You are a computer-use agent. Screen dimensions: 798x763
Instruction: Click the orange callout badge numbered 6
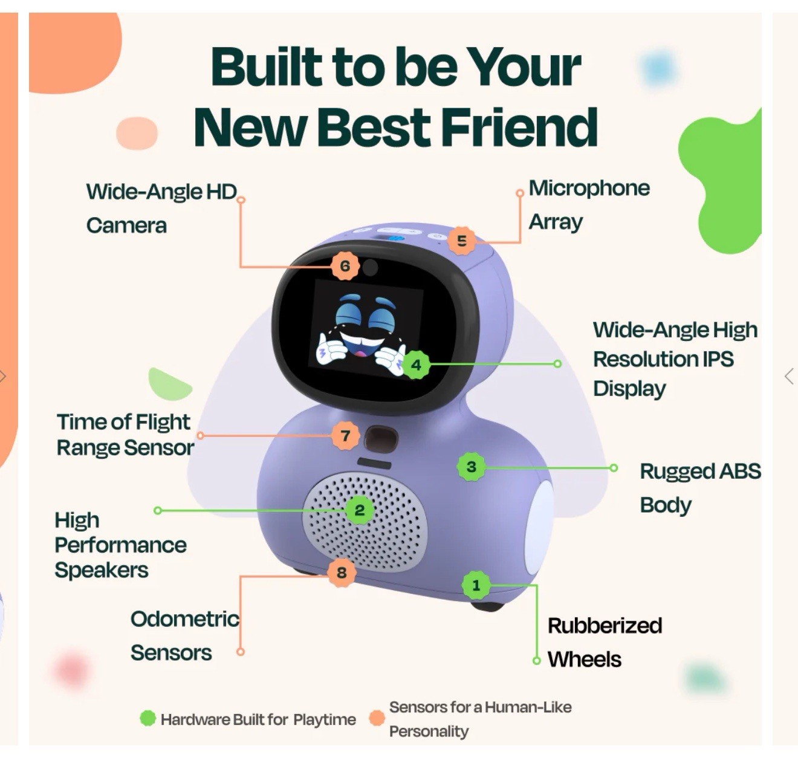pyautogui.click(x=345, y=266)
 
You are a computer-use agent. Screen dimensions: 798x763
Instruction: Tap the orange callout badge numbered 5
pyautogui.click(x=462, y=241)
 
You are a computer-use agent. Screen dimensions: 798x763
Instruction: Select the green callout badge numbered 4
pyautogui.click(x=416, y=365)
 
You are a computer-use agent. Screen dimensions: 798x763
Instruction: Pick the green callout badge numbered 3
pyautogui.click(x=472, y=467)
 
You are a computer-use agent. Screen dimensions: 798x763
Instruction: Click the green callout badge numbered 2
pyautogui.click(x=360, y=510)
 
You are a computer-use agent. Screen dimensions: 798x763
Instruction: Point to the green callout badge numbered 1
pyautogui.click(x=476, y=585)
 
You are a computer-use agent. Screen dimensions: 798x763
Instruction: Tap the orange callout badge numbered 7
pyautogui.click(x=345, y=435)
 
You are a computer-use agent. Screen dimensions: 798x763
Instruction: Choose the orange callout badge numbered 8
pyautogui.click(x=342, y=572)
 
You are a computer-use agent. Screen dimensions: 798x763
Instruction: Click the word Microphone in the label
pyautogui.click(x=589, y=188)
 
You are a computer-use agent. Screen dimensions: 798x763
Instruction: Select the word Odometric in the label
pyautogui.click(x=185, y=619)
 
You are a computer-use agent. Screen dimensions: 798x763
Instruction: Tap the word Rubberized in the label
pyautogui.click(x=605, y=625)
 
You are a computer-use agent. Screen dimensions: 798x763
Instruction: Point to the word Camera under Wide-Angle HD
pyautogui.click(x=126, y=226)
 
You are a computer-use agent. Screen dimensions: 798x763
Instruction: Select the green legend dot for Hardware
pyautogui.click(x=148, y=718)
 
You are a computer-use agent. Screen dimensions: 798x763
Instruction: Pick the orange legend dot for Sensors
pyautogui.click(x=377, y=718)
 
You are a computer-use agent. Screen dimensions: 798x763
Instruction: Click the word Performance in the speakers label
pyautogui.click(x=120, y=545)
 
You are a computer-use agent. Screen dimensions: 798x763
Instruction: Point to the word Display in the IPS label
pyautogui.click(x=629, y=388)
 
